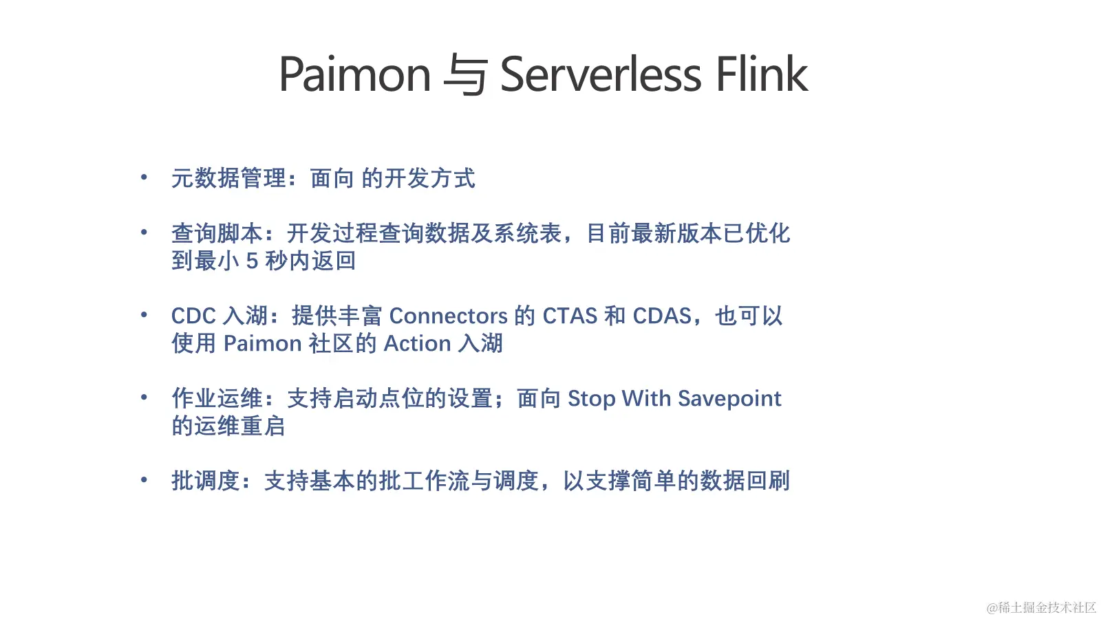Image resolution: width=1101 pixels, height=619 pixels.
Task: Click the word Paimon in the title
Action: pos(354,74)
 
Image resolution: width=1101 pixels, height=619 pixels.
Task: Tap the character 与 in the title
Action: pos(465,74)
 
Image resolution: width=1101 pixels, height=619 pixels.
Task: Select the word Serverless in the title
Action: pos(600,74)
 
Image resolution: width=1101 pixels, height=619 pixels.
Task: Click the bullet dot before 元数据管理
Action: pos(144,177)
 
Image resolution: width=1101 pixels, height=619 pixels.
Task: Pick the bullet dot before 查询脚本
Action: pos(144,232)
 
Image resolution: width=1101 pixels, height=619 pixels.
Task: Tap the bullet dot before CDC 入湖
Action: pos(144,315)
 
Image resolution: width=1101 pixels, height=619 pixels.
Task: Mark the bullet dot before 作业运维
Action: pos(144,398)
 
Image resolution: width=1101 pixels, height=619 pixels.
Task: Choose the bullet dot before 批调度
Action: pos(144,480)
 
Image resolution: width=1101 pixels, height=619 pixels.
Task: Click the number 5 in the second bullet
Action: pos(252,261)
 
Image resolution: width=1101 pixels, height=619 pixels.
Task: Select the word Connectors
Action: pos(448,316)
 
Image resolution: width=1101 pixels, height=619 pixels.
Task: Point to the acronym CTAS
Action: pos(570,316)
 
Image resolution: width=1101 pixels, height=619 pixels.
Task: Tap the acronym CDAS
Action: pos(661,316)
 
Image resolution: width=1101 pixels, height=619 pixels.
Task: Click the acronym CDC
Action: pos(193,316)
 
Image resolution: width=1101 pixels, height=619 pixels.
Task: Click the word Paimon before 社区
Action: pos(263,343)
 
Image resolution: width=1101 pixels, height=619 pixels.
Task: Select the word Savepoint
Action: pos(729,399)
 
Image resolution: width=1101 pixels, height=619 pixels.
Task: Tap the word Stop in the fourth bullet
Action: pos(591,399)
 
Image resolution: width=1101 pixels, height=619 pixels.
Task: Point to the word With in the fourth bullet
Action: pos(646,398)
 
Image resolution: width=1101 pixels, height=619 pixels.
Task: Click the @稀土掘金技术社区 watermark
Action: pos(1041,607)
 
